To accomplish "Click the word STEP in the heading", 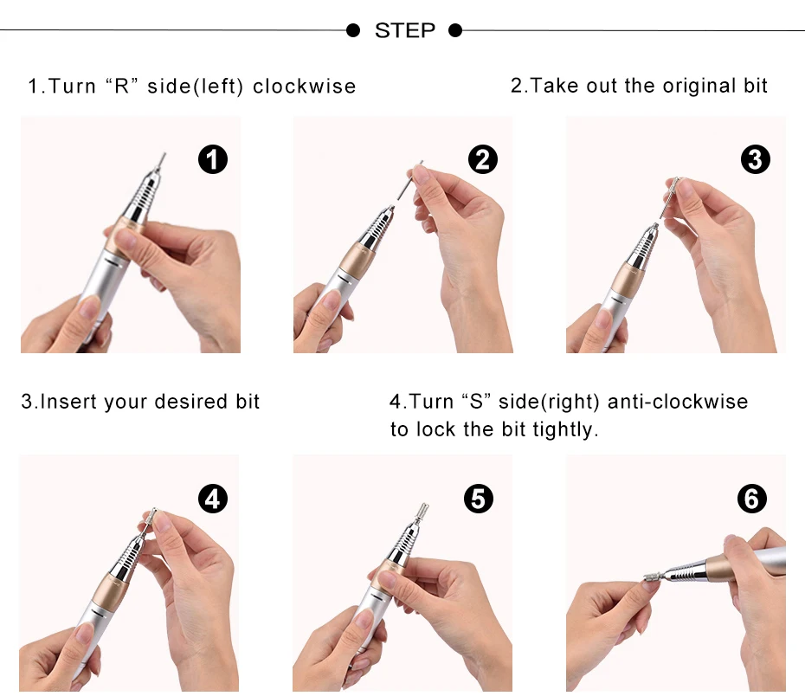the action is tap(404, 30).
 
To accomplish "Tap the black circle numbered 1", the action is tap(213, 159).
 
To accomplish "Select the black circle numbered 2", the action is tap(483, 159).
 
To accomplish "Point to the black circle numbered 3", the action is tap(755, 159).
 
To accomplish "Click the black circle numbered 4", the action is tap(213, 499).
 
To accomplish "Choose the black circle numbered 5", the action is tap(478, 499).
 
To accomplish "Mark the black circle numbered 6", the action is tap(751, 499).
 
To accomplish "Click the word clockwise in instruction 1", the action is tap(305, 87).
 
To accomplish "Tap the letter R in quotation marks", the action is tap(122, 87).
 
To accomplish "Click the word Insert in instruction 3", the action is tap(68, 402).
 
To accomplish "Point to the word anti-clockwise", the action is tap(678, 402).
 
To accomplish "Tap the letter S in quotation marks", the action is tap(476, 402).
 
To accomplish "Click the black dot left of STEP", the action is tap(352, 30).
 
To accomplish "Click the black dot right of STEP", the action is tap(455, 30).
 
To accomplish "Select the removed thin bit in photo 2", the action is tap(410, 180).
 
